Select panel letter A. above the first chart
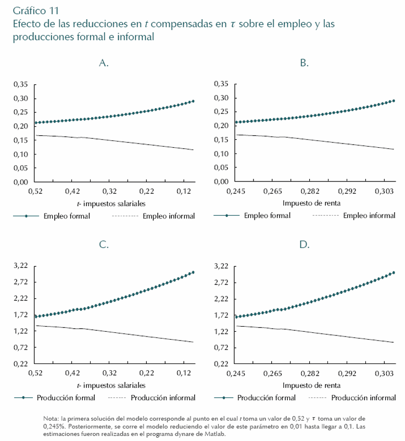[x=104, y=63]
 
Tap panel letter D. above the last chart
[x=305, y=245]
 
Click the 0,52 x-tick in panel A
[x=35, y=191]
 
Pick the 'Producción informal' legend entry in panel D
[x=364, y=398]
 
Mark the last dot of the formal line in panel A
[x=193, y=101]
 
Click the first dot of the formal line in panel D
[x=236, y=317]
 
